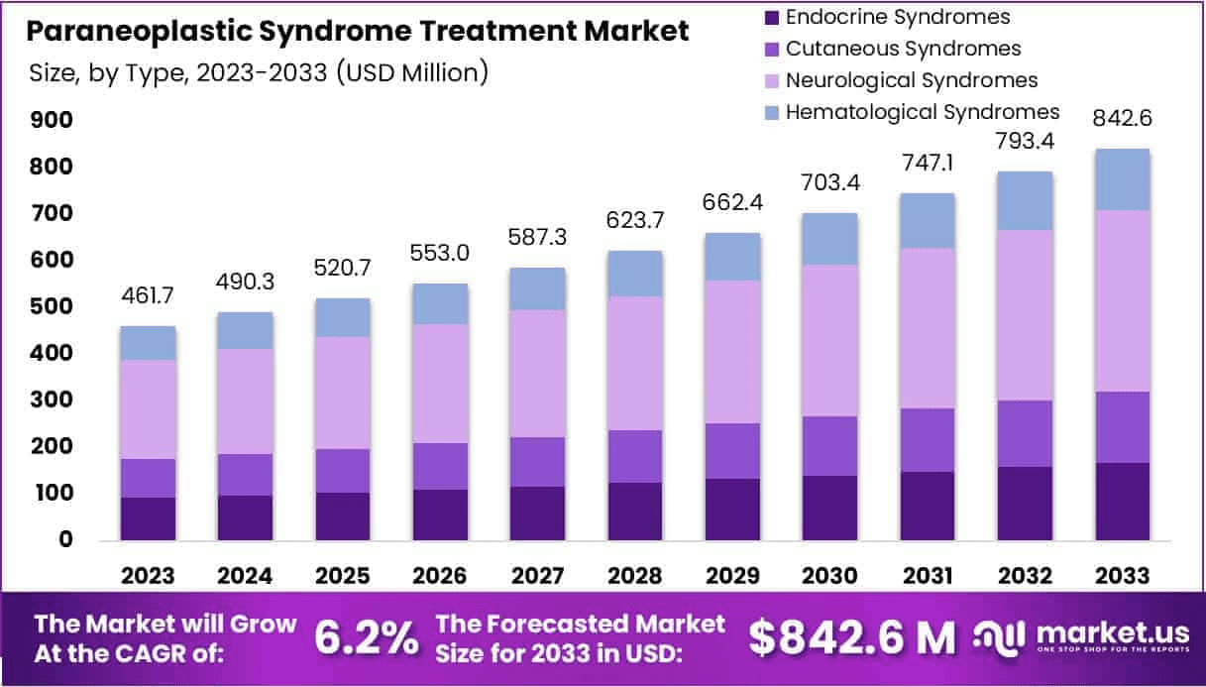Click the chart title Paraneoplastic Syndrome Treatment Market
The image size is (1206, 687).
tap(357, 32)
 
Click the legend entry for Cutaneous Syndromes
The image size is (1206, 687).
tap(903, 48)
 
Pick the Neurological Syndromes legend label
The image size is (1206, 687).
tap(912, 79)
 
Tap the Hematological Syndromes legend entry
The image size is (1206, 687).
tap(923, 111)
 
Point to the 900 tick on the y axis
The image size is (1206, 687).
tap(52, 120)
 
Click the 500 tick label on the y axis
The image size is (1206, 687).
tap(52, 306)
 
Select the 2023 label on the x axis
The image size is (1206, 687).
tap(148, 576)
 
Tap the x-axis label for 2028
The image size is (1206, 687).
tap(635, 576)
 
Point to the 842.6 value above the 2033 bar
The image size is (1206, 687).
tap(1123, 119)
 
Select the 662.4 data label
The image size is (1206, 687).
tap(732, 204)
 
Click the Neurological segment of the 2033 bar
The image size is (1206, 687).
tap(1123, 300)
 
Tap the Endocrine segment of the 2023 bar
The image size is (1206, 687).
tap(148, 518)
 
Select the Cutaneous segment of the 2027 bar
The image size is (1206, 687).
tap(538, 462)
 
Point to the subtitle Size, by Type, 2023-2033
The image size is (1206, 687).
tap(257, 72)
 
